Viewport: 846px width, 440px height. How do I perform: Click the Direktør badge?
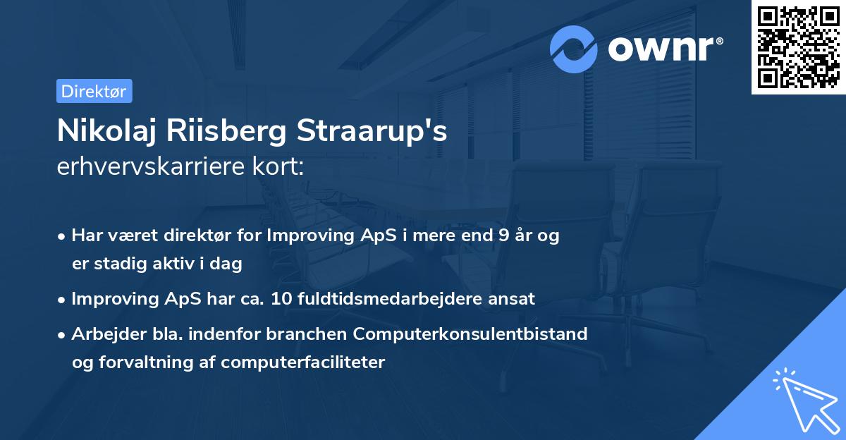point(94,91)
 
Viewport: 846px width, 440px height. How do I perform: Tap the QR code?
point(798,47)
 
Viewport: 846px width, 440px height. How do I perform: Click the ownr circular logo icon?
point(574,49)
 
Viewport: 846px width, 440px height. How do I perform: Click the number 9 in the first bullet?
point(503,236)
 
